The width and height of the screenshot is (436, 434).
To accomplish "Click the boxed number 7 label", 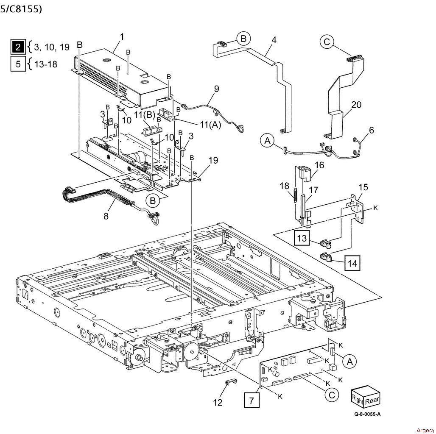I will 252,400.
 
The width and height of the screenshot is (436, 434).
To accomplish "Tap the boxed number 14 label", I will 352,263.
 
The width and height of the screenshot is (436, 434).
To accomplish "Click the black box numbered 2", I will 18,47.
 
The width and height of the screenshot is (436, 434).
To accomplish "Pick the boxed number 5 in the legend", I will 18,64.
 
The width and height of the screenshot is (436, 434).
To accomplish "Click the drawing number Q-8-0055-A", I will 365,415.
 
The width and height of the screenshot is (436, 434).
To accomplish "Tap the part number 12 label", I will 218,402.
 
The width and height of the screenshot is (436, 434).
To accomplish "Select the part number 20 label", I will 356,105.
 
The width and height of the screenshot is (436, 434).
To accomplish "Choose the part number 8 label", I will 106,216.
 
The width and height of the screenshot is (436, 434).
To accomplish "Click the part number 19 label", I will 213,160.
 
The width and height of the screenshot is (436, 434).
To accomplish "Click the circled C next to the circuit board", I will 332,395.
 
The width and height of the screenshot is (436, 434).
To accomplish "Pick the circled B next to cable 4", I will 243,39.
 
